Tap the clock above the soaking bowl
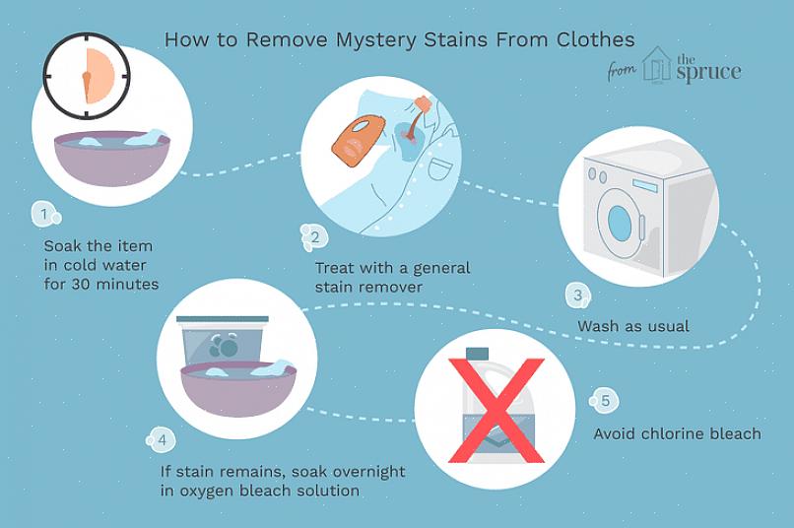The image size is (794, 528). [87, 76]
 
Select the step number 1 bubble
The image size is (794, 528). [45, 214]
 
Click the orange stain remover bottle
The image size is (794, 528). [358, 137]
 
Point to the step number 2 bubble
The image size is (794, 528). [314, 237]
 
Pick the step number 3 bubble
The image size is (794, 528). [578, 297]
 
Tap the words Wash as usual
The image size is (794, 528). [633, 326]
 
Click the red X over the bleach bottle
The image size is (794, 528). [496, 410]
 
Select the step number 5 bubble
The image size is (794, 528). [604, 401]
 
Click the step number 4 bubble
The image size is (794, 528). [161, 440]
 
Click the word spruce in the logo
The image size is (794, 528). [709, 72]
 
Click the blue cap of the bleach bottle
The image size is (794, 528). [477, 354]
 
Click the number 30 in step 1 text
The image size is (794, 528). [81, 285]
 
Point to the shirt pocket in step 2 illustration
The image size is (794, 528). [438, 167]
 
